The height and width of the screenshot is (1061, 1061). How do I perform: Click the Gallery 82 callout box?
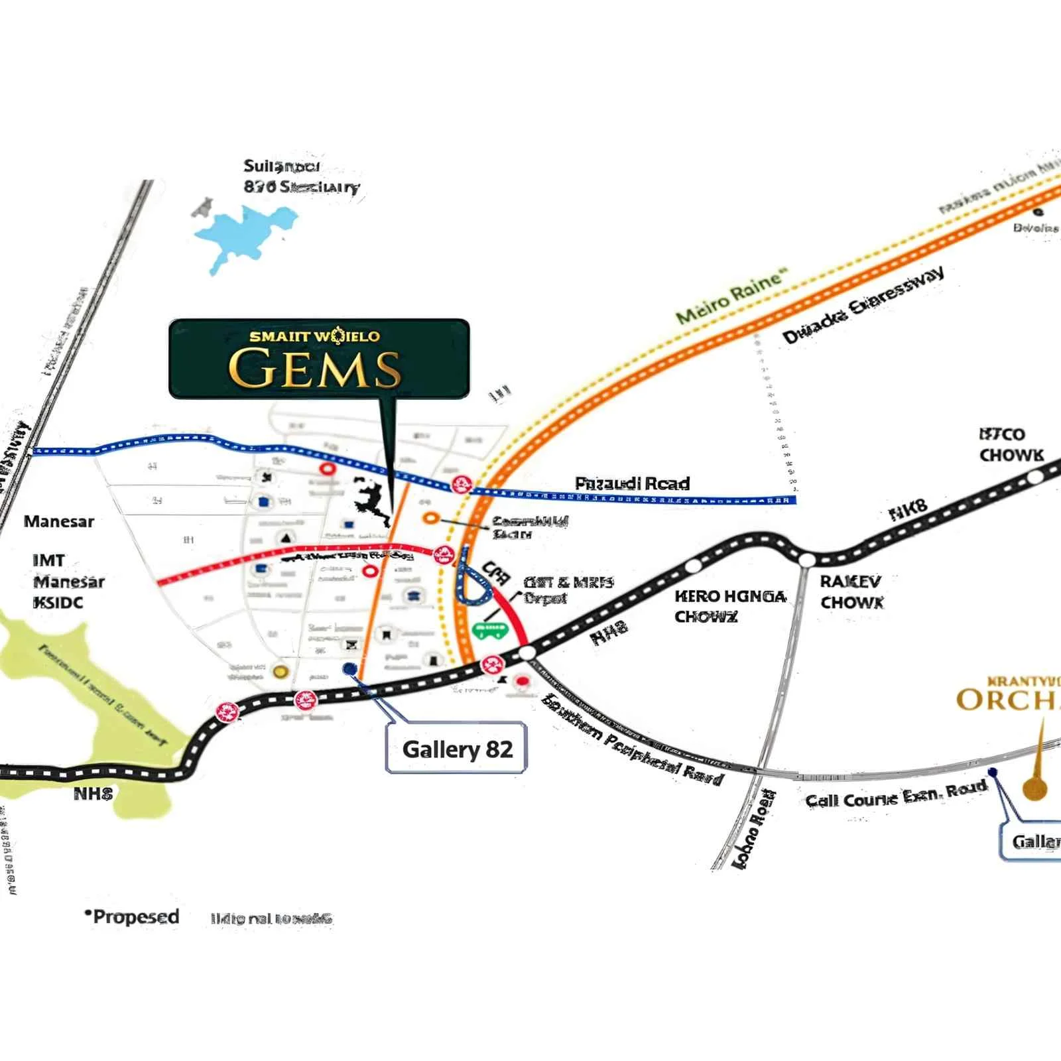pos(457,749)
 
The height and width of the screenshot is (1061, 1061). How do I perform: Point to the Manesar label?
pos(59,521)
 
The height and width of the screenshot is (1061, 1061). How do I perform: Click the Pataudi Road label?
pos(632,483)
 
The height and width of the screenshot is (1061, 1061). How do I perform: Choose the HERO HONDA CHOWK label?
pos(729,606)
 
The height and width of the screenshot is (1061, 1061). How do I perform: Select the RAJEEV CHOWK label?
pos(851,592)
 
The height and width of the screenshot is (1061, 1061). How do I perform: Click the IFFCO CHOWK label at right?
pos(1011,444)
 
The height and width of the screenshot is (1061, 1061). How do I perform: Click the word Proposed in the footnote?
pos(136,917)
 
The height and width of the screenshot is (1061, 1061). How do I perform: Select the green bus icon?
pos(490,631)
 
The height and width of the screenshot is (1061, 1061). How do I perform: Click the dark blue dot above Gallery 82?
pos(349,669)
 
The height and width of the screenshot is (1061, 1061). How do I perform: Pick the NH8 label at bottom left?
pos(93,794)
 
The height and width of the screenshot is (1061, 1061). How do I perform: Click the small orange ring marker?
pos(430,518)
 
